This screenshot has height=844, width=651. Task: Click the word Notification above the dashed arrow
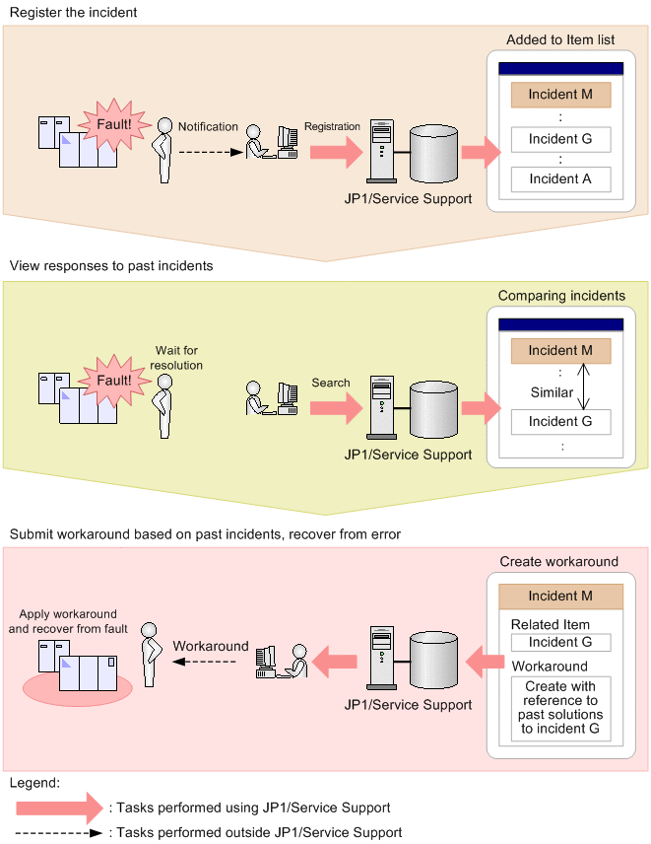point(208,127)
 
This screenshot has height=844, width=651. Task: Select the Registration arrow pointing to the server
point(334,152)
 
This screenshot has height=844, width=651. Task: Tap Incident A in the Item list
point(560,179)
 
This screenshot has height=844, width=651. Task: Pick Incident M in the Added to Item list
point(560,95)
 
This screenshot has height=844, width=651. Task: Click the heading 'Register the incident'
point(74,13)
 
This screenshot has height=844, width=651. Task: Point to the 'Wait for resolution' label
point(176,358)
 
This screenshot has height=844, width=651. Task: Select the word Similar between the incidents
point(552,392)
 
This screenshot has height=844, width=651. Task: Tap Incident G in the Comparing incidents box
point(560,422)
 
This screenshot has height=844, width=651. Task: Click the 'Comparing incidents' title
point(561,296)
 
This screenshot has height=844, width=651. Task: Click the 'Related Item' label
point(551,624)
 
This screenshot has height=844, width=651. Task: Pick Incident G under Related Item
point(560,643)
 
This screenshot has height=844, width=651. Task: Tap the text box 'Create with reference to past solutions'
point(560,708)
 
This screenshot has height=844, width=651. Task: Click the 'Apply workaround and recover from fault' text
point(68,621)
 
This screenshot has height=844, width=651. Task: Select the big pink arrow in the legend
point(59,808)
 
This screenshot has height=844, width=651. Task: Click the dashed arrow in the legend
point(59,832)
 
